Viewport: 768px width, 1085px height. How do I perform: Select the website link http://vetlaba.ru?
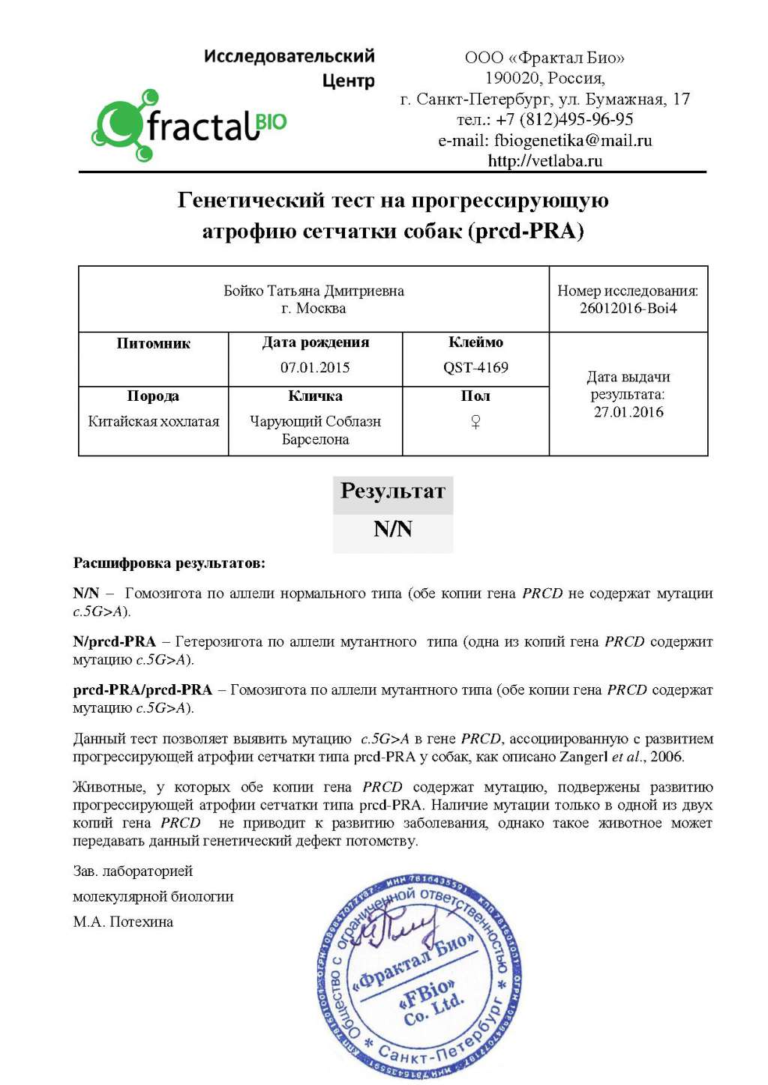coord(544,160)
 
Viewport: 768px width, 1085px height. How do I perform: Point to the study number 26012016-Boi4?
coord(628,308)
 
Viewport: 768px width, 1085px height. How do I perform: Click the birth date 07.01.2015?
coord(315,367)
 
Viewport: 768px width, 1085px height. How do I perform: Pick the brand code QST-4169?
coord(475,367)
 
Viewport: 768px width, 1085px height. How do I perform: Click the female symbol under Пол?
coord(475,422)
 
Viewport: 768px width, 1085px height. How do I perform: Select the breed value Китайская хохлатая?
coord(154,421)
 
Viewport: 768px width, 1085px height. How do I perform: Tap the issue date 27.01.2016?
coord(628,411)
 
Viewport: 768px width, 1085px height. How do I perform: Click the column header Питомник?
coord(153,343)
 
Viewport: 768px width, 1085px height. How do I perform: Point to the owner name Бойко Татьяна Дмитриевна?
coord(313,291)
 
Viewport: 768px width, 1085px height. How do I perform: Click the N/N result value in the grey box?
coord(393,529)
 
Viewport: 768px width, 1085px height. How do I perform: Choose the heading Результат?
coord(393,492)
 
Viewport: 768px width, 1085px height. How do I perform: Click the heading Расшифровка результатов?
coord(169,563)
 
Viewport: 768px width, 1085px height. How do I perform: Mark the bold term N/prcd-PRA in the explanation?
coord(114,641)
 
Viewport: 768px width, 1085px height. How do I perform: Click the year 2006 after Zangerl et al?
coord(666,756)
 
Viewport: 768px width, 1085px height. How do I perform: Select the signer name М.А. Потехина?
coord(123,922)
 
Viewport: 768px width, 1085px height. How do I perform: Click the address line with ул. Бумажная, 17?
coord(544,99)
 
